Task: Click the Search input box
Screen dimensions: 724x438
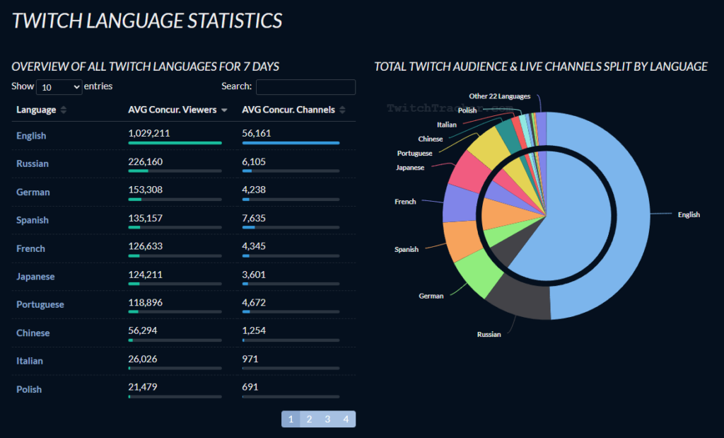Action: (305, 87)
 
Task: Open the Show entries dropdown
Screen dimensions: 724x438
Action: (59, 87)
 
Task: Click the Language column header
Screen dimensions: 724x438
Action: (36, 110)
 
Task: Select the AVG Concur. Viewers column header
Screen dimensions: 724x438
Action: (173, 110)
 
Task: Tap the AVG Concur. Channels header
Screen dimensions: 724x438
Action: (288, 110)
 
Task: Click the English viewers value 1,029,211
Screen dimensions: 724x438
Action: (149, 134)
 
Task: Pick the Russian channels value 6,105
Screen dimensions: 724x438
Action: (254, 162)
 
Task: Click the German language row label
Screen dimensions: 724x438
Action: (33, 192)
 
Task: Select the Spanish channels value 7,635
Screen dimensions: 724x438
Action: (254, 218)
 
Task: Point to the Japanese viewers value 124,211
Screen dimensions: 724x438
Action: (146, 275)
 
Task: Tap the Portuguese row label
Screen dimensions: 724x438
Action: (40, 305)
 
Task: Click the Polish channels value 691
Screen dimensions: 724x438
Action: (250, 387)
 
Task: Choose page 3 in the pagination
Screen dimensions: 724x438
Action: (327, 419)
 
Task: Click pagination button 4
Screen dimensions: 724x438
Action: (346, 419)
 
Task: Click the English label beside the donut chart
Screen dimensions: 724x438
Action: (689, 215)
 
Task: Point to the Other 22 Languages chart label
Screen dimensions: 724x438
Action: (500, 96)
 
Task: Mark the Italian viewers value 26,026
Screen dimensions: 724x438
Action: (143, 359)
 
